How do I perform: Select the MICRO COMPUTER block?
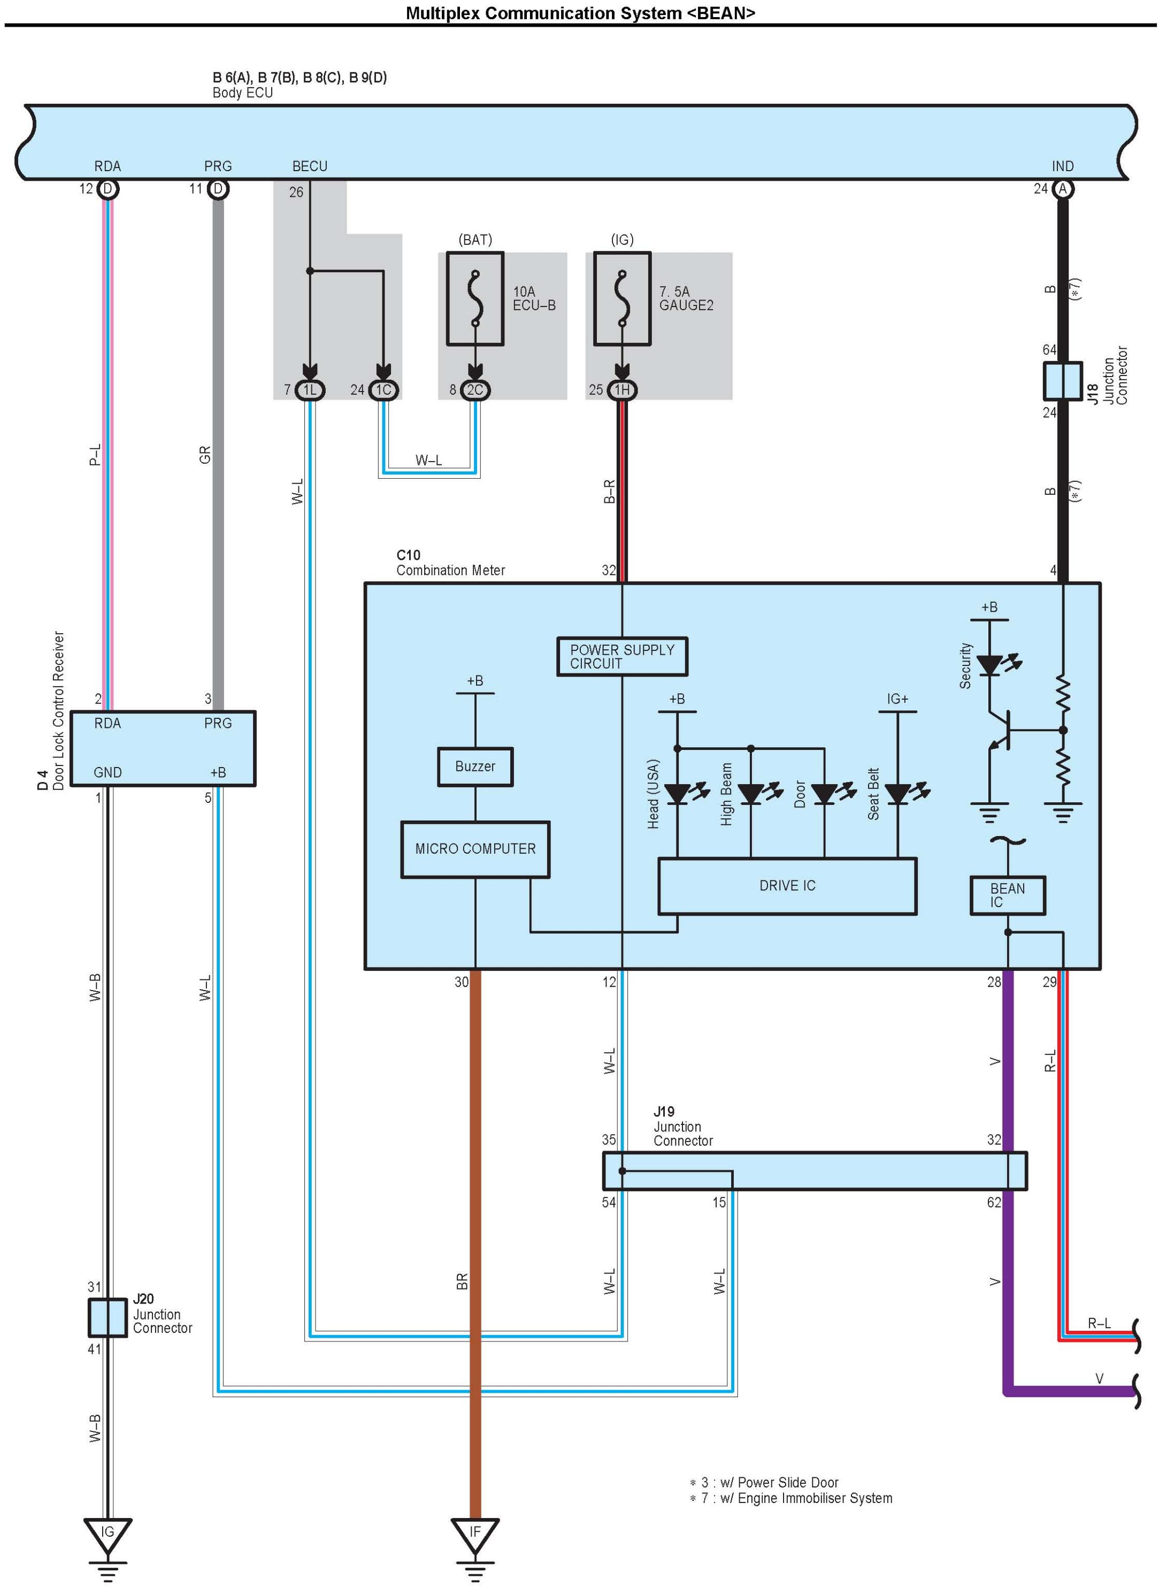475,849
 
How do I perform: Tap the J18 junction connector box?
1062,381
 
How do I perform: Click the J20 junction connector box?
108,1317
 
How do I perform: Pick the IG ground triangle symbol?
108,1533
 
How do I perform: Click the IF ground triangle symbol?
475,1533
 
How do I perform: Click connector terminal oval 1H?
621,390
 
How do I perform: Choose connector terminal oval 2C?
475,390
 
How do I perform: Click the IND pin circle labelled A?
1062,189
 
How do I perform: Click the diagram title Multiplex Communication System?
580,13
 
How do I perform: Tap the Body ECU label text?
243,93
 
